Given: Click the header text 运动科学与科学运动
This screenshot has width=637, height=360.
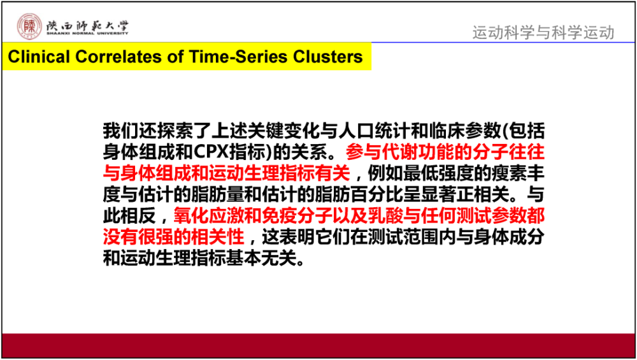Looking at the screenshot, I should coord(543,32).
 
